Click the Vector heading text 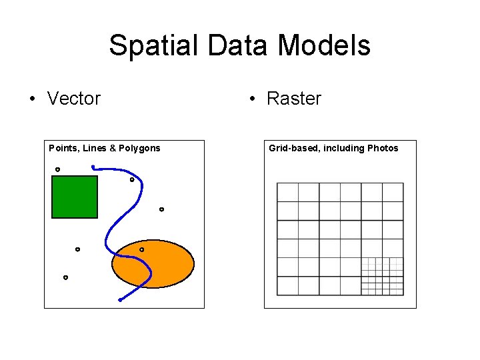(x=74, y=99)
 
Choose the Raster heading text (x=293, y=99)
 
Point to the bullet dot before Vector (x=31, y=99)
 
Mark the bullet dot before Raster (x=251, y=99)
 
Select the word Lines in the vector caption (x=95, y=148)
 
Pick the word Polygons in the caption (x=140, y=148)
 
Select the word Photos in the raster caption (x=383, y=148)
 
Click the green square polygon (x=74, y=197)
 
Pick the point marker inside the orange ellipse (x=141, y=249)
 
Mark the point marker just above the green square (x=57, y=169)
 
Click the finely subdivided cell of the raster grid (x=382, y=276)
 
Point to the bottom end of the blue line (x=120, y=301)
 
